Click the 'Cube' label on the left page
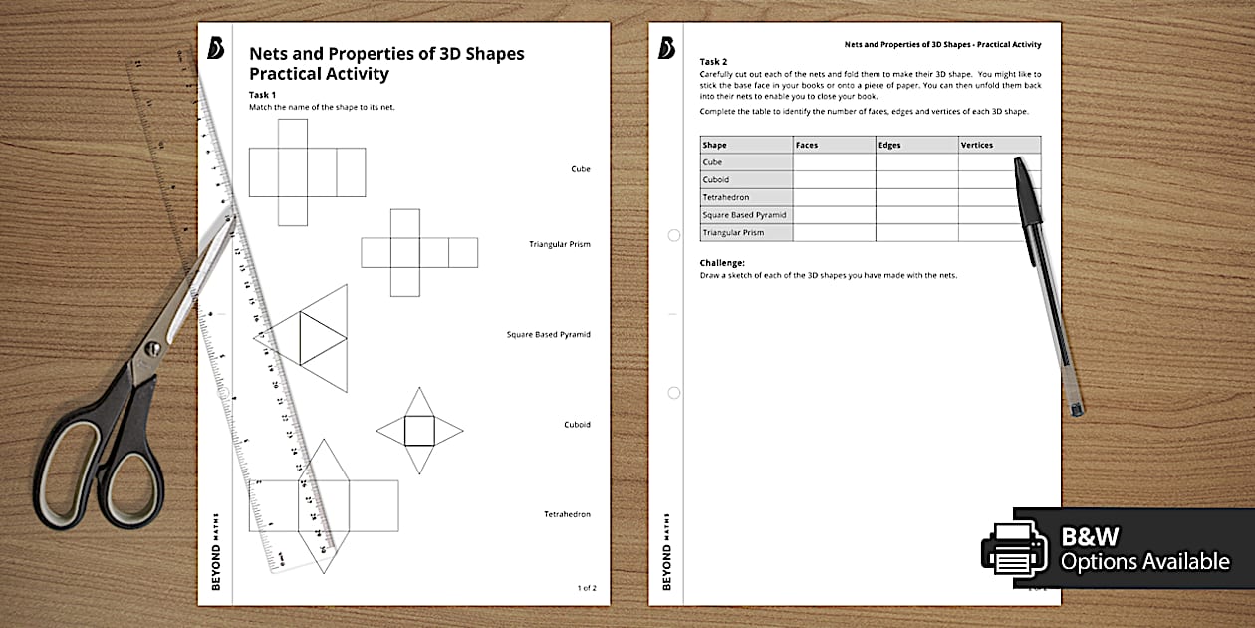pyautogui.click(x=580, y=169)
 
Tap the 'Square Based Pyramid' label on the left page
pyautogui.click(x=548, y=335)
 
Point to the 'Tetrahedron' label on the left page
pyautogui.click(x=567, y=514)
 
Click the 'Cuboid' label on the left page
pyautogui.click(x=577, y=425)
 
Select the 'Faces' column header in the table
pyautogui.click(x=807, y=145)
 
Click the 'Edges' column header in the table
pyautogui.click(x=889, y=145)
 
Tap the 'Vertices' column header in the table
pyautogui.click(x=976, y=145)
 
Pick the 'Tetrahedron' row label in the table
pyautogui.click(x=726, y=197)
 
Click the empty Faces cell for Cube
pyautogui.click(x=834, y=162)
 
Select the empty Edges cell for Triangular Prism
pyautogui.click(x=916, y=233)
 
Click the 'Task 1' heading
pyautogui.click(x=263, y=95)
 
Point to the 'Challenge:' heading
pyautogui.click(x=722, y=263)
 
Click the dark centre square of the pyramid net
pyautogui.click(x=419, y=431)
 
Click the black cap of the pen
pyautogui.click(x=1030, y=193)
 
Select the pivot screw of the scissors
pyautogui.click(x=152, y=349)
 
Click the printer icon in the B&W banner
pyautogui.click(x=1014, y=549)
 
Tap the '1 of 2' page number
pyautogui.click(x=587, y=588)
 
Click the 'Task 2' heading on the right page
pyautogui.click(x=714, y=62)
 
